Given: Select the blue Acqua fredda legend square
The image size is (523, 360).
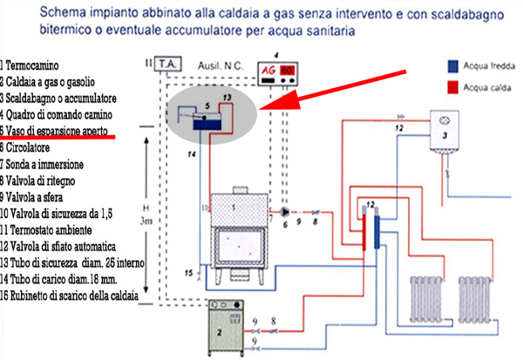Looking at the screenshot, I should pos(453,65).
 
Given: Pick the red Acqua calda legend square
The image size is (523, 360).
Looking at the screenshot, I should pos(453,87).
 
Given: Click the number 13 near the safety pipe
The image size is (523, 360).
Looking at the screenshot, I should pos(228,95).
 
